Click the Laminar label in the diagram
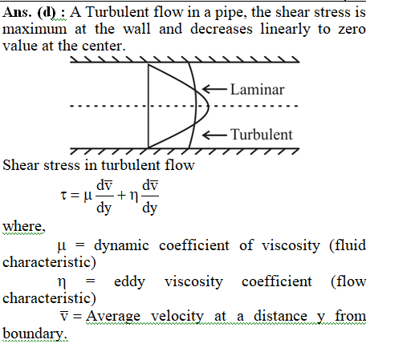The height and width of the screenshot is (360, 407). coord(257,89)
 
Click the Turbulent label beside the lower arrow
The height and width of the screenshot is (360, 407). coord(262,134)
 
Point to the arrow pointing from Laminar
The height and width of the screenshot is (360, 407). coord(214,89)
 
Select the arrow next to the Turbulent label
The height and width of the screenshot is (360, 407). coord(214,135)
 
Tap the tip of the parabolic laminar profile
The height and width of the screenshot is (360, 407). coord(209,106)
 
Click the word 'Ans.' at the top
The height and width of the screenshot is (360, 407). coord(17,12)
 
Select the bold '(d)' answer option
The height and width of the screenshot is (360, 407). coord(47,13)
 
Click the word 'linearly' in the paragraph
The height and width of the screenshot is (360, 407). coord(285,30)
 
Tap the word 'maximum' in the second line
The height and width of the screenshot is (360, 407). coord(35,29)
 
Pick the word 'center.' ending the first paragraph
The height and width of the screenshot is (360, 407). coord(104,46)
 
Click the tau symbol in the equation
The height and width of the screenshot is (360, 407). coord(63,195)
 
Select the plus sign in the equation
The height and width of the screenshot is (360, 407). coord(121,196)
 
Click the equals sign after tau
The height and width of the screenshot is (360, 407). coord(75,196)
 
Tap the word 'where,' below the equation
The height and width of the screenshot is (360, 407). coord(24,226)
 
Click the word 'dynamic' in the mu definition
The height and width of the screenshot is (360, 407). coord(121,245)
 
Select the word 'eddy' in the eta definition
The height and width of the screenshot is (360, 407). coord(129,281)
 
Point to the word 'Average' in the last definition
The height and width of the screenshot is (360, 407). coord(113,317)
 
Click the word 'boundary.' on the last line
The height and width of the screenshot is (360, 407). coord(35,334)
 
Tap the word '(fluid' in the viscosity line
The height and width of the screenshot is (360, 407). coord(348,245)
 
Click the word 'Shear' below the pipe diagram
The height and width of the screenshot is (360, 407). coord(21,165)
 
